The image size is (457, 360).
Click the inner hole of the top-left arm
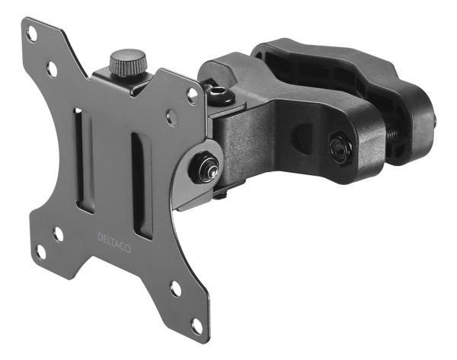(52, 69)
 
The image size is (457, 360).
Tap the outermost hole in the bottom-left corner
(41, 250)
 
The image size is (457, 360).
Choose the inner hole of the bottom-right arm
(176, 289)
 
